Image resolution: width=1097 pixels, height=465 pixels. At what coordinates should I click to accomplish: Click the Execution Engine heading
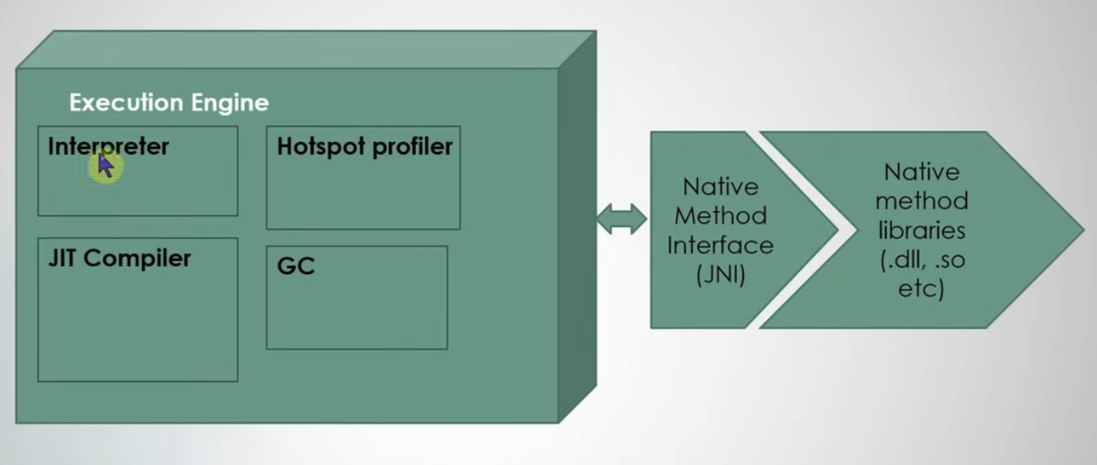tap(169, 103)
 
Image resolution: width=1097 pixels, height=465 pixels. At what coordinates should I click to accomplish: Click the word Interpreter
tap(108, 146)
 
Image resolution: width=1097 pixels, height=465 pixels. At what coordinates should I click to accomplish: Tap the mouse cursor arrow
tap(105, 164)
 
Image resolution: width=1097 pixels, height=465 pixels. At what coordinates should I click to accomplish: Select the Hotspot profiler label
tap(364, 146)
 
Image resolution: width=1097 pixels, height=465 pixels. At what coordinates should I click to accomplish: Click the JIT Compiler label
tap(119, 258)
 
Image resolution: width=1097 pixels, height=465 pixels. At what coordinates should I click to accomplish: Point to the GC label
tap(296, 266)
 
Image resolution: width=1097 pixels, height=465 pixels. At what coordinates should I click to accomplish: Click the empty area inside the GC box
tap(356, 311)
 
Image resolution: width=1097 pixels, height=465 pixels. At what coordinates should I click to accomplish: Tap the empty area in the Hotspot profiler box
tap(363, 194)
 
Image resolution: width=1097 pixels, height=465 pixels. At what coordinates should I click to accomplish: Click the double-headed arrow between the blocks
tap(621, 219)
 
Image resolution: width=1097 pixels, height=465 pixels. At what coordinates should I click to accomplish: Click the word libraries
tap(921, 231)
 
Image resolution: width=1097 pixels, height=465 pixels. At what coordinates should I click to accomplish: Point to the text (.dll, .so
tap(921, 260)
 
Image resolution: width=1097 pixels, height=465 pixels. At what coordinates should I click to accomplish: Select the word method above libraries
tap(921, 201)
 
